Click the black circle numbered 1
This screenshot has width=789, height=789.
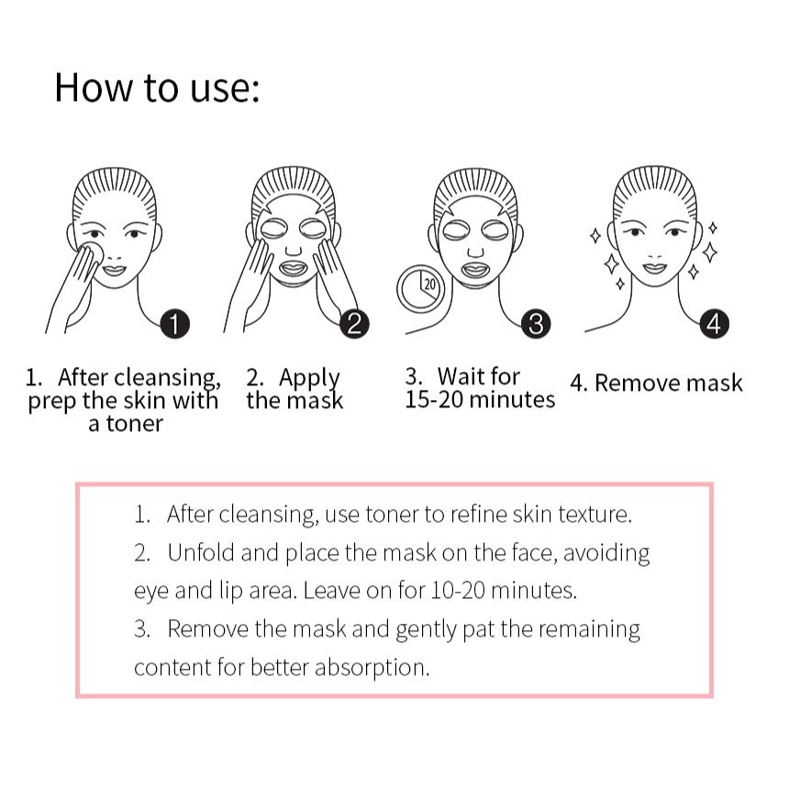pyautogui.click(x=174, y=324)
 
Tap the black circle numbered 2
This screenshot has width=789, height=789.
pyautogui.click(x=354, y=324)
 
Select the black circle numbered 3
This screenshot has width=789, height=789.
pyautogui.click(x=536, y=324)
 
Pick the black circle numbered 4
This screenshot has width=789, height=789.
pyautogui.click(x=714, y=324)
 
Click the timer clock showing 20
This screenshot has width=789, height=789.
pyautogui.click(x=421, y=289)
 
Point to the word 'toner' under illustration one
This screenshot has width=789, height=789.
pyautogui.click(x=134, y=424)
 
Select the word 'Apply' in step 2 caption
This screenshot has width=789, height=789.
pyautogui.click(x=309, y=378)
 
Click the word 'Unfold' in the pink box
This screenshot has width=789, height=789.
pyautogui.click(x=201, y=552)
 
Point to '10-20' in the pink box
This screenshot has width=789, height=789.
pyautogui.click(x=458, y=590)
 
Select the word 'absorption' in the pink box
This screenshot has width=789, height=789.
pyautogui.click(x=372, y=668)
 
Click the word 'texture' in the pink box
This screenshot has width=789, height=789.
pyautogui.click(x=595, y=515)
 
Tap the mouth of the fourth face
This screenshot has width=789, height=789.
pyautogui.click(x=655, y=267)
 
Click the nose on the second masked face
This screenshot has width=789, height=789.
pyautogui.click(x=294, y=250)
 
